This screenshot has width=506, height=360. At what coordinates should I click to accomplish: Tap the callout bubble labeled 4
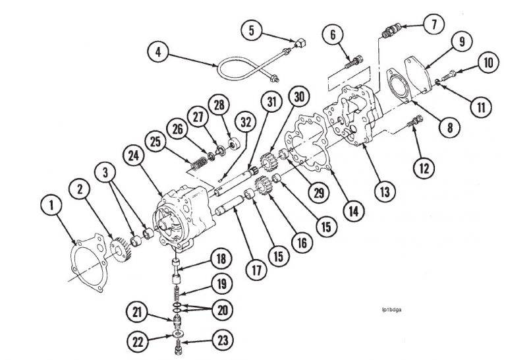click(x=156, y=52)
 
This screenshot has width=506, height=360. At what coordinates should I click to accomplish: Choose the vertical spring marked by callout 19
click(x=178, y=291)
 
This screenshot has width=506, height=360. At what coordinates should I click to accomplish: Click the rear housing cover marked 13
click(x=356, y=125)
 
